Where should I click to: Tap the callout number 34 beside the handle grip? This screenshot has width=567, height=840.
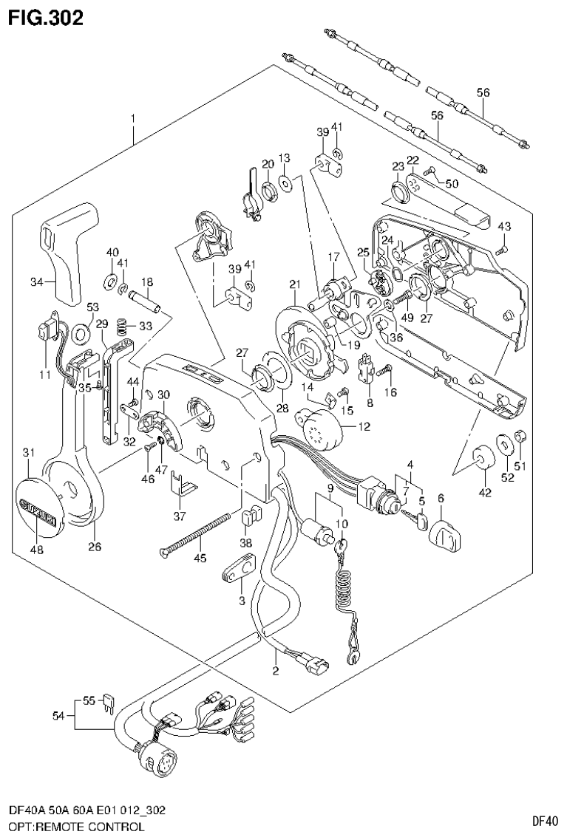click(38, 281)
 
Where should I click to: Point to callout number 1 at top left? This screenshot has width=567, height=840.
click(133, 119)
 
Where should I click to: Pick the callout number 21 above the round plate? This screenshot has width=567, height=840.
click(295, 285)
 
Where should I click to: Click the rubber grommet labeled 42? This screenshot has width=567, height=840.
click(483, 458)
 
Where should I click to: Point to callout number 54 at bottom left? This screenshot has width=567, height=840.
click(58, 715)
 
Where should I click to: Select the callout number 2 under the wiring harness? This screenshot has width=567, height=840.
click(275, 672)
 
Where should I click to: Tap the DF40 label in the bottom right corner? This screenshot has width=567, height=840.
click(543, 822)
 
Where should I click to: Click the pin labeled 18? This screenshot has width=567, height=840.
click(143, 301)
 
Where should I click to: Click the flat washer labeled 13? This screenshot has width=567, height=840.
click(285, 182)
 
